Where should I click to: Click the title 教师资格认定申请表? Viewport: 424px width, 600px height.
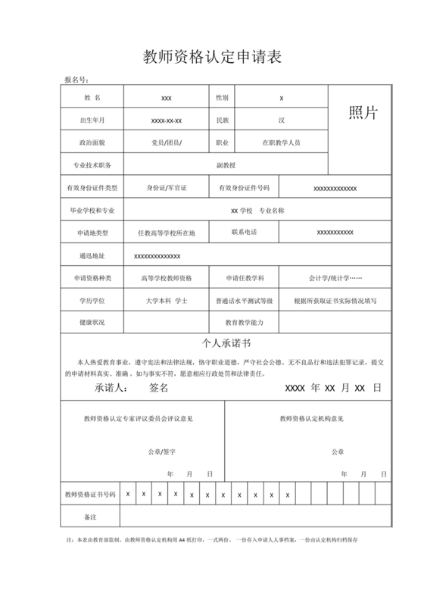(212, 58)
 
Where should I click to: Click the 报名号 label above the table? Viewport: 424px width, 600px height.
(76, 80)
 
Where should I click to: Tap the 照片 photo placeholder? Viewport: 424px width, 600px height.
(362, 113)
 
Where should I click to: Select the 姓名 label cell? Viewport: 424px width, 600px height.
(92, 98)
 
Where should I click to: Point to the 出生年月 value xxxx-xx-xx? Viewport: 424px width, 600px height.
(167, 120)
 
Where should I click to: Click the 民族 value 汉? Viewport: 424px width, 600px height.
(281, 120)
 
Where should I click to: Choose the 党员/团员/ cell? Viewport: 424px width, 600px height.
(167, 142)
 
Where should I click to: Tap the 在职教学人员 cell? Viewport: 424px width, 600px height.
(281, 142)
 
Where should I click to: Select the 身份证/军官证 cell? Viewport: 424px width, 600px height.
(167, 187)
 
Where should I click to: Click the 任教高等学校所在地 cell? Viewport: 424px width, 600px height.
(167, 233)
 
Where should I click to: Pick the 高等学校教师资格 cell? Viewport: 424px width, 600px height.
(167, 278)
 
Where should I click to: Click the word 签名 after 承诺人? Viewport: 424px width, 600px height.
(159, 387)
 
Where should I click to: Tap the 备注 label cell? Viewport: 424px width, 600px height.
(92, 517)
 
